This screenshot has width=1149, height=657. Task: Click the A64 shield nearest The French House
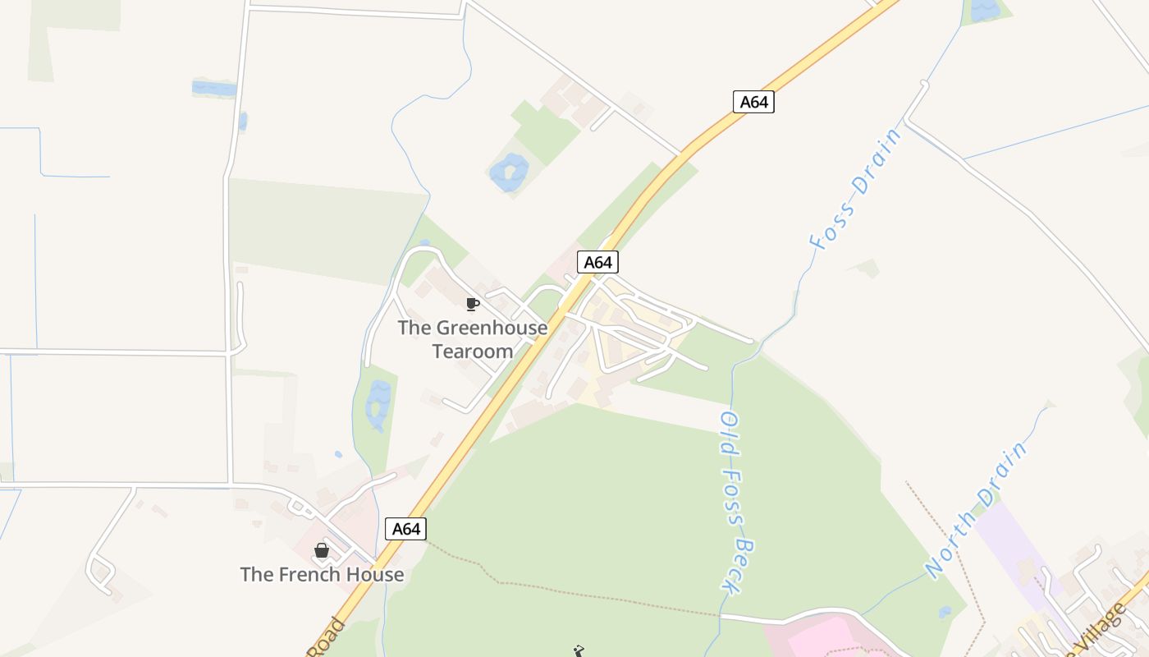coord(405,529)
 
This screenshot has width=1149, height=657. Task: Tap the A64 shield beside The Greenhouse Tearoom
coord(597,262)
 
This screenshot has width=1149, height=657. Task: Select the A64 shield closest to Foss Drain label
coord(753,102)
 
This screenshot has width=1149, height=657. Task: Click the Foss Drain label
coord(854,190)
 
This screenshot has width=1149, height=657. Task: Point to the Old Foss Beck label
coord(737,502)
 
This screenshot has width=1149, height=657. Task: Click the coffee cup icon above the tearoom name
coord(472,305)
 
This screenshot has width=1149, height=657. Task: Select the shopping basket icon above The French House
coord(322,550)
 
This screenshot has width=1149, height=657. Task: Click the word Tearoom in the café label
coord(473,351)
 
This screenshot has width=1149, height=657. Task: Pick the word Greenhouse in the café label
coord(492,328)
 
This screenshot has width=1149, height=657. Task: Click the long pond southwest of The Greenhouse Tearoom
coord(378,405)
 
